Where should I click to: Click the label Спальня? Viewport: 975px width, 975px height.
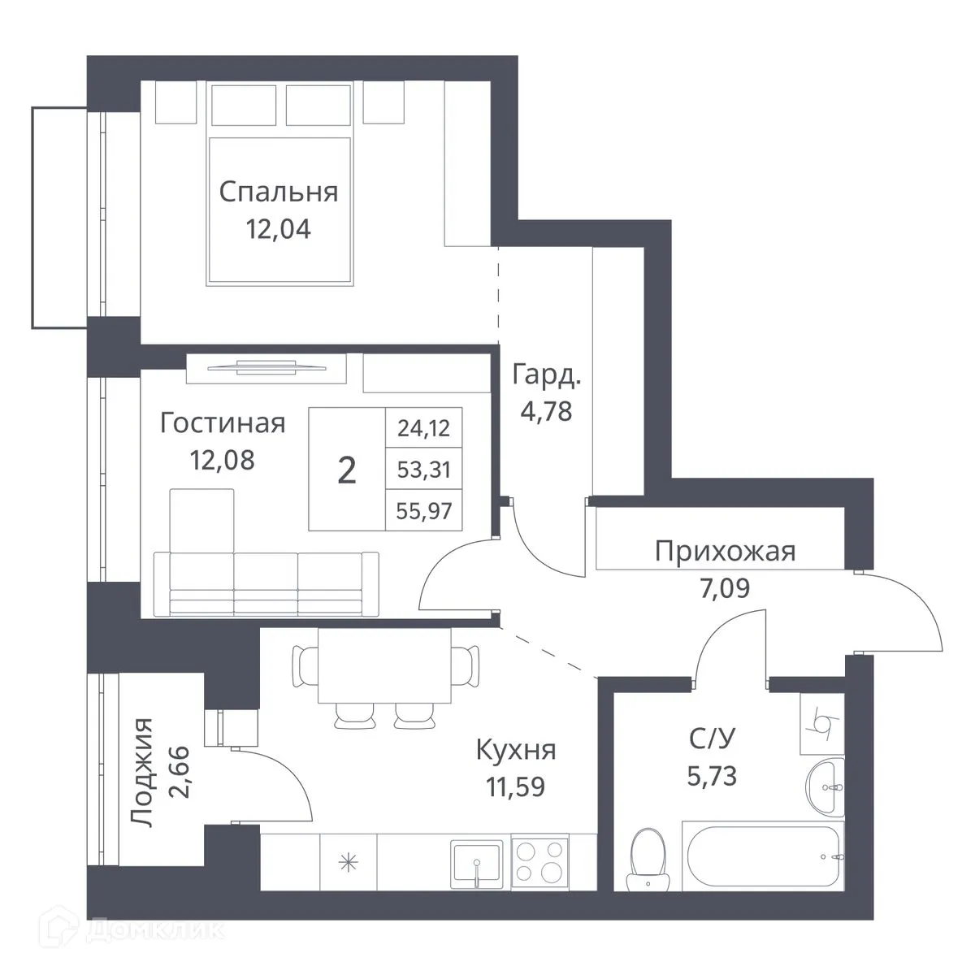click(279, 193)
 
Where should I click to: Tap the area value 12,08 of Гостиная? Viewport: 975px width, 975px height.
click(222, 460)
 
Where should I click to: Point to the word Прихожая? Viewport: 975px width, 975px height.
click(725, 552)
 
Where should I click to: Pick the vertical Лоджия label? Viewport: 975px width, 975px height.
click(143, 773)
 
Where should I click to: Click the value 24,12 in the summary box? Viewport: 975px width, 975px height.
click(424, 427)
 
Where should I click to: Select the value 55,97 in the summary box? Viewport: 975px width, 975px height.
click(424, 511)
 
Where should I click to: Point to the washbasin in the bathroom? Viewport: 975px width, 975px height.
click(825, 787)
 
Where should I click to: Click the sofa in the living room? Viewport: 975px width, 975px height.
click(266, 581)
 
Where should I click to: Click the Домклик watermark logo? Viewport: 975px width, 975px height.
click(154, 929)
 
